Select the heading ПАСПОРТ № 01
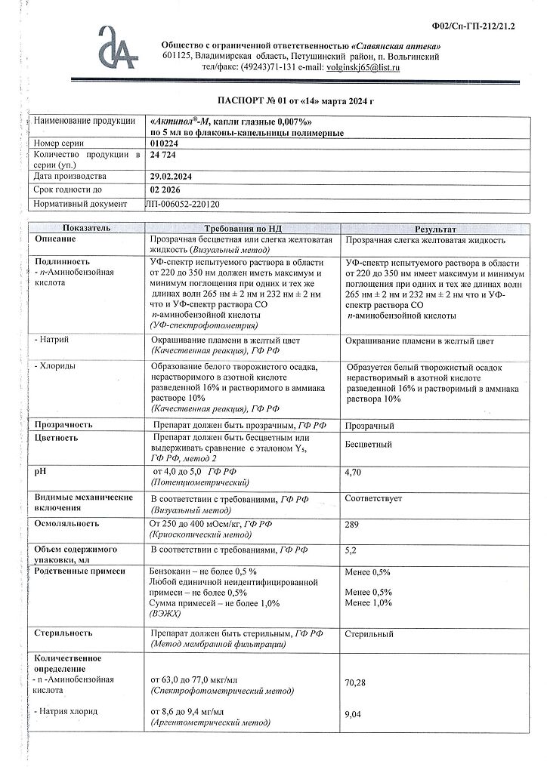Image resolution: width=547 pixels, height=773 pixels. click(x=273, y=100)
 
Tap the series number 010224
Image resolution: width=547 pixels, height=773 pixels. click(x=163, y=143)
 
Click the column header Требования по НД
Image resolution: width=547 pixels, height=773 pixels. click(x=242, y=228)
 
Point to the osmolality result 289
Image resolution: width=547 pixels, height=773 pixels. click(x=351, y=523)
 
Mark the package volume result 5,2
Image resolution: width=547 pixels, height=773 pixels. click(x=350, y=551)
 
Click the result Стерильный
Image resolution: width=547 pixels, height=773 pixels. click(x=369, y=634)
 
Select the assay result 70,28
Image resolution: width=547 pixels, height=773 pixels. click(x=355, y=683)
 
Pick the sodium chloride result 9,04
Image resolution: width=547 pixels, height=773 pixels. click(x=353, y=715)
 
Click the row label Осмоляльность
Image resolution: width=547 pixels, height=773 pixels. click(x=67, y=523)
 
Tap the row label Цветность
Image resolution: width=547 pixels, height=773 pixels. click(x=57, y=438)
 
